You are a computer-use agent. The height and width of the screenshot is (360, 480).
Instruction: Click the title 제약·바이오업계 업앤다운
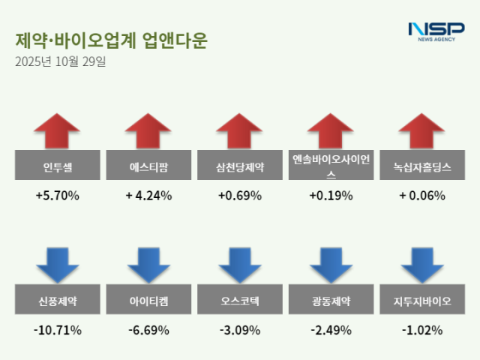tap(111, 40)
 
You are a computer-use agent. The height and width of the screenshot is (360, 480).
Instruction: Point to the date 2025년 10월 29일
tap(60, 61)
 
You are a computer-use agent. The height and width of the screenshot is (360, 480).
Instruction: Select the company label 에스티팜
tap(148, 167)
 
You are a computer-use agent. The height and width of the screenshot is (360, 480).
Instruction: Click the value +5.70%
tap(58, 196)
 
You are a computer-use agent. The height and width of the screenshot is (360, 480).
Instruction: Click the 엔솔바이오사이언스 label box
tap(331, 167)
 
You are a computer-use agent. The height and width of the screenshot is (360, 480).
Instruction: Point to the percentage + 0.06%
tap(422, 196)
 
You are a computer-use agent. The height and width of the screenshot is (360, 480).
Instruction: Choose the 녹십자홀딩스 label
tap(422, 167)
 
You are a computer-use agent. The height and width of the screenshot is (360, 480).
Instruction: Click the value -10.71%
tap(58, 330)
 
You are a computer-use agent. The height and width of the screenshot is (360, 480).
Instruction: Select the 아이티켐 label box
tap(148, 301)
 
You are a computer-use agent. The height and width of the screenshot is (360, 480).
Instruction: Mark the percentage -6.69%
tap(148, 330)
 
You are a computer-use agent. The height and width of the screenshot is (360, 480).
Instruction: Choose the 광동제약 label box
tap(331, 301)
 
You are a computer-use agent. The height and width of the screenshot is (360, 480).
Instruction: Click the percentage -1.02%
tap(422, 330)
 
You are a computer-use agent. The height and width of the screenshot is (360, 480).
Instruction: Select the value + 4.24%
tap(148, 196)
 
